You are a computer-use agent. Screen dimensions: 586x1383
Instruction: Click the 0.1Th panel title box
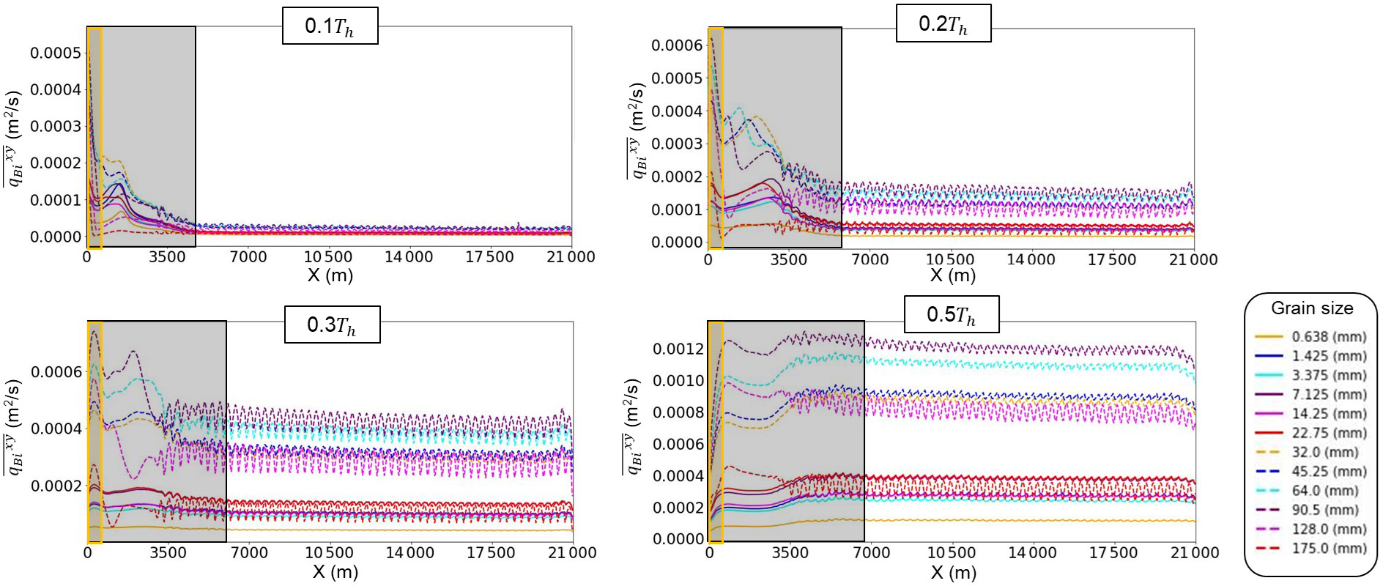pyautogui.click(x=330, y=27)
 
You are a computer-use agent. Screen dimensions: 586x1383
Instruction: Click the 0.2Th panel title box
pyautogui.click(x=943, y=25)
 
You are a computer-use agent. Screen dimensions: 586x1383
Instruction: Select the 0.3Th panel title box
pyautogui.click(x=332, y=325)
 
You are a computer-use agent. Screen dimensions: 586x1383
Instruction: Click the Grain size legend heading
pyautogui.click(x=1311, y=308)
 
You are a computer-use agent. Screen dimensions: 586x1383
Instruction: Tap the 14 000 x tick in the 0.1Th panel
pyautogui.click(x=409, y=257)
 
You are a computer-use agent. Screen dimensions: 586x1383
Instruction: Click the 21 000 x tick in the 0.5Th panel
pyautogui.click(x=1195, y=554)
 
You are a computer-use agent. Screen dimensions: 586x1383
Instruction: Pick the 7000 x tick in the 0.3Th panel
pyautogui.click(x=248, y=554)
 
